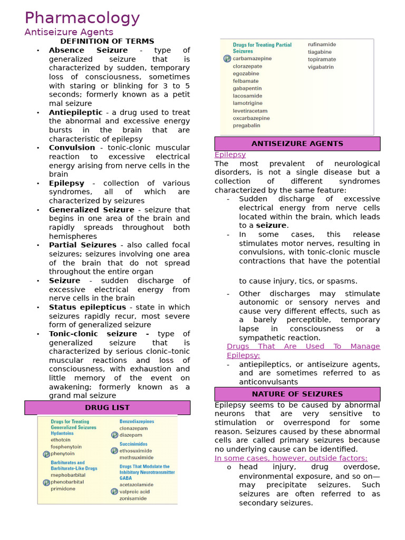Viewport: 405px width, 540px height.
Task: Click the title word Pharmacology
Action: pyautogui.click(x=82, y=18)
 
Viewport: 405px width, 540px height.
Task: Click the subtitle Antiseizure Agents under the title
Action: pyautogui.click(x=69, y=32)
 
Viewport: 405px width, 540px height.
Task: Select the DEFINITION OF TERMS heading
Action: pyautogui.click(x=107, y=41)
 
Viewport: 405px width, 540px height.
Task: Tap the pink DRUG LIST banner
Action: pyautogui.click(x=107, y=408)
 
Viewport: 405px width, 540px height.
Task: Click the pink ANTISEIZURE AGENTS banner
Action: pyautogui.click(x=297, y=143)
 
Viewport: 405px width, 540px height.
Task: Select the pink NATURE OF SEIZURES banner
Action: pyautogui.click(x=297, y=394)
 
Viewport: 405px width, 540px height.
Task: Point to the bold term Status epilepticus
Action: pyautogui.click(x=88, y=307)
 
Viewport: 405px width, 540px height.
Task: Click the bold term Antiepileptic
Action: pyautogui.click(x=76, y=112)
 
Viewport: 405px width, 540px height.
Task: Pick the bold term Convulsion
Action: pyautogui.click(x=72, y=148)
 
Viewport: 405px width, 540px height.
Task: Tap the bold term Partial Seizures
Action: pyautogui.click(x=83, y=245)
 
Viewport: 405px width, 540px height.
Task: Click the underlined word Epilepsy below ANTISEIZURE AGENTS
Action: pyautogui.click(x=230, y=155)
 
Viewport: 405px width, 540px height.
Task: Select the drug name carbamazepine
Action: pyautogui.click(x=252, y=59)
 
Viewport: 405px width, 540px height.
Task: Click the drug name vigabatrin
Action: pyautogui.click(x=321, y=67)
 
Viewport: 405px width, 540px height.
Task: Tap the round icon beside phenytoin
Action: pyautogui.click(x=46, y=454)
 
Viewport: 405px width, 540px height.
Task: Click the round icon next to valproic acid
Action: pyautogui.click(x=114, y=491)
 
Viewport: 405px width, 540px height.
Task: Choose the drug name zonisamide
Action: pyautogui.click(x=133, y=498)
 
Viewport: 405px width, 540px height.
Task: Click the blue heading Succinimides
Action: pyautogui.click(x=133, y=444)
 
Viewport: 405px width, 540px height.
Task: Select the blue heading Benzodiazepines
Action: pyautogui.click(x=137, y=422)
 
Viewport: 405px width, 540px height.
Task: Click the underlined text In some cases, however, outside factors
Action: pyautogui.click(x=291, y=458)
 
